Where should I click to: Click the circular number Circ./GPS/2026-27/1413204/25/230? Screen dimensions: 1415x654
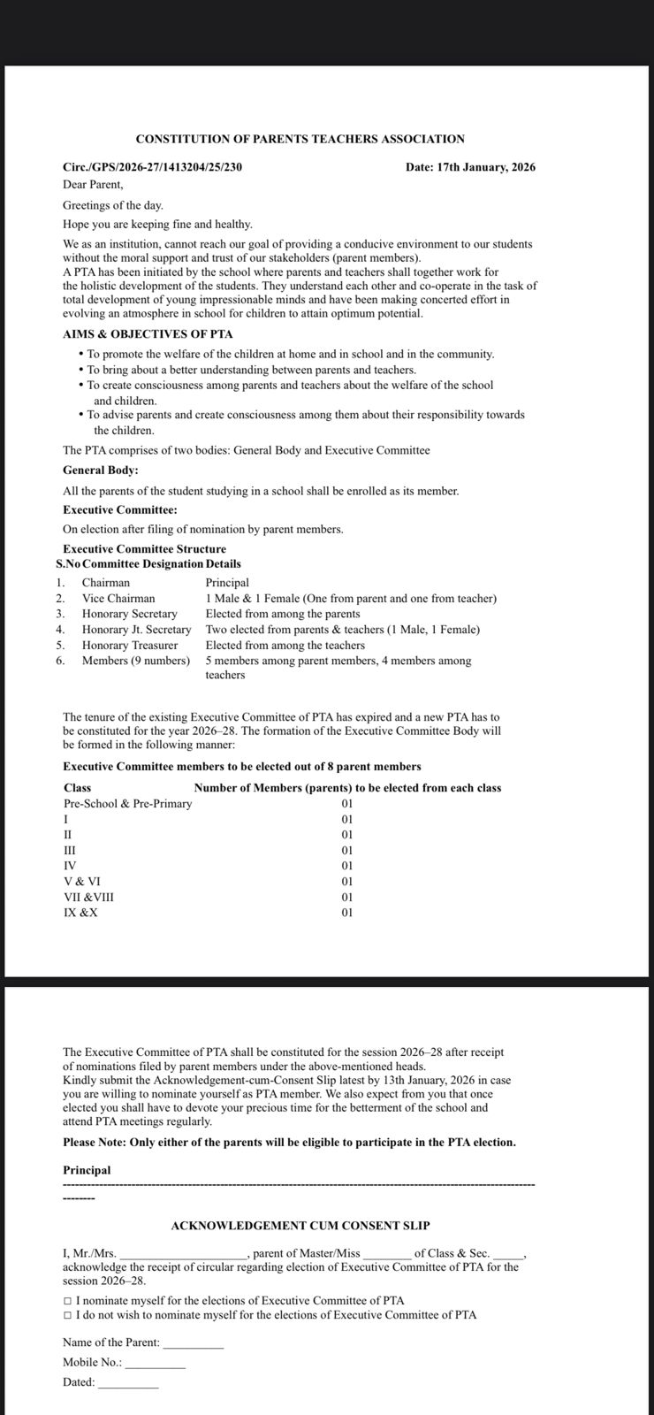pyautogui.click(x=152, y=167)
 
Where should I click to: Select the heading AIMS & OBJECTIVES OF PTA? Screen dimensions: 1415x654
pyautogui.click(x=148, y=334)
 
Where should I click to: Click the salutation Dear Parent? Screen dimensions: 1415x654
pyautogui.click(x=93, y=185)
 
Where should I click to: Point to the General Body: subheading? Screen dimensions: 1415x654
pyautogui.click(x=101, y=470)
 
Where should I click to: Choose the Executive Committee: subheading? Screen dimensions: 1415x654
pyautogui.click(x=120, y=510)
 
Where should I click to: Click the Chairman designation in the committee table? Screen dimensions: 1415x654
pyautogui.click(x=106, y=583)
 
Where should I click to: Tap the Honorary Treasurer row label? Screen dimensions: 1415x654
pyautogui.click(x=130, y=646)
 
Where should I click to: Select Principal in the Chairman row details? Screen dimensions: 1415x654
pyautogui.click(x=227, y=583)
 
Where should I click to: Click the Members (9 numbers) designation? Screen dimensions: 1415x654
pyautogui.click(x=136, y=661)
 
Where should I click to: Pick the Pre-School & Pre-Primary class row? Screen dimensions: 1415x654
pyautogui.click(x=128, y=804)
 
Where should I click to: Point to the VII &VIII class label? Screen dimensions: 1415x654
pyautogui.click(x=88, y=897)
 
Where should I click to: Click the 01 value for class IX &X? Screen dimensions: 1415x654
pyautogui.click(x=346, y=913)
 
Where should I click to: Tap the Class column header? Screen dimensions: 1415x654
pyautogui.click(x=78, y=788)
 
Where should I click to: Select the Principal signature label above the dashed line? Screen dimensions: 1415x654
pyautogui.click(x=87, y=1170)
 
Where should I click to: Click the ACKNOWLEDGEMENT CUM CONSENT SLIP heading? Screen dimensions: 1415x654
pyautogui.click(x=300, y=1226)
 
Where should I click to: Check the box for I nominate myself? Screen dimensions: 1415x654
pyautogui.click(x=68, y=1301)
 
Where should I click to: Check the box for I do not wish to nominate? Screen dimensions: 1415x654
pyautogui.click(x=68, y=1315)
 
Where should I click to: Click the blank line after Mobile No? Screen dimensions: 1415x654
pyautogui.click(x=156, y=1363)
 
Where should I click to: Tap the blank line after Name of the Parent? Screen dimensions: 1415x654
pyautogui.click(x=194, y=1342)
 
